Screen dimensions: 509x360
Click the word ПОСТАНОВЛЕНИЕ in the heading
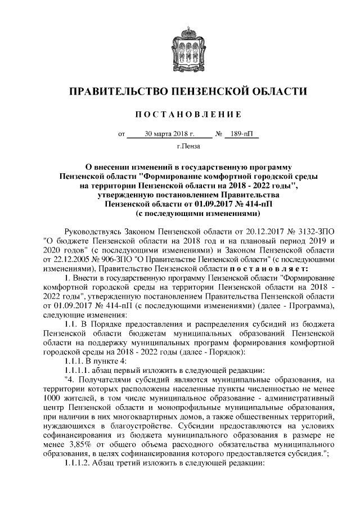coord(180,114)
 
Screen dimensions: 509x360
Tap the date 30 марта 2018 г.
coord(169,134)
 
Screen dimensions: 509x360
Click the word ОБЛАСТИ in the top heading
coord(276,91)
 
